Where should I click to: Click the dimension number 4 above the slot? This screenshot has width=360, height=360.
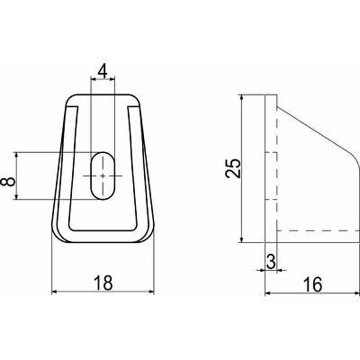103,71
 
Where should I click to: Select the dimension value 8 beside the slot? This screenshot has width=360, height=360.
8,182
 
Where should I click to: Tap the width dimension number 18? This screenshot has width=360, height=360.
103,283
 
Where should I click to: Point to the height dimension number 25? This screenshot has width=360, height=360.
233,168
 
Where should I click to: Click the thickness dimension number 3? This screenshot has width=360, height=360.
271,262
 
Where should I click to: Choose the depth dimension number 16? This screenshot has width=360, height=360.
312,284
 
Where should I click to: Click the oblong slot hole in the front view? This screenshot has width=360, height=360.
103,175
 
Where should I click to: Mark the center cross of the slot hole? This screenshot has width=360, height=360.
103,175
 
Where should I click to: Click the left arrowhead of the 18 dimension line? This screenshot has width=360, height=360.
55,292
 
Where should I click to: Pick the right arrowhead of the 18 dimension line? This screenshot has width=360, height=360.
151,292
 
